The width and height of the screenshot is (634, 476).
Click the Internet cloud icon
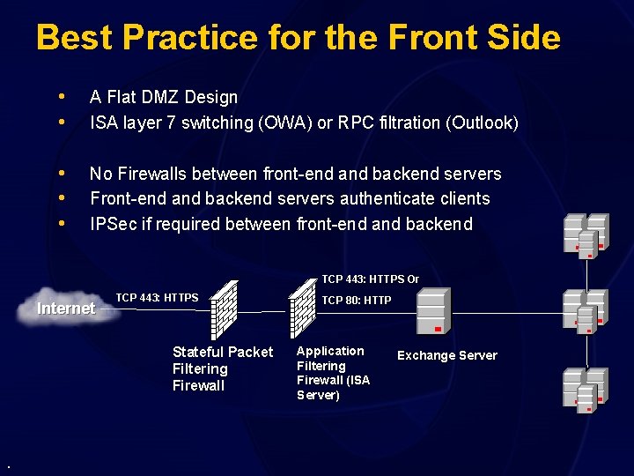tap(66, 308)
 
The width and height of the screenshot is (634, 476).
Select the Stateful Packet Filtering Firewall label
tap(223, 368)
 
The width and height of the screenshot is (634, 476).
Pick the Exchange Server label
tap(446, 355)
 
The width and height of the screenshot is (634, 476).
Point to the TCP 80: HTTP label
tap(357, 301)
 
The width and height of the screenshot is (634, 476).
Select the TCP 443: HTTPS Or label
tap(370, 279)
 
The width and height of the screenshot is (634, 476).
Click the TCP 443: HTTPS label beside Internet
tap(157, 298)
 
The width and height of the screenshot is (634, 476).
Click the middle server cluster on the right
tap(586, 310)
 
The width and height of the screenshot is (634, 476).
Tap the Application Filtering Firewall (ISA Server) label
tap(333, 373)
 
